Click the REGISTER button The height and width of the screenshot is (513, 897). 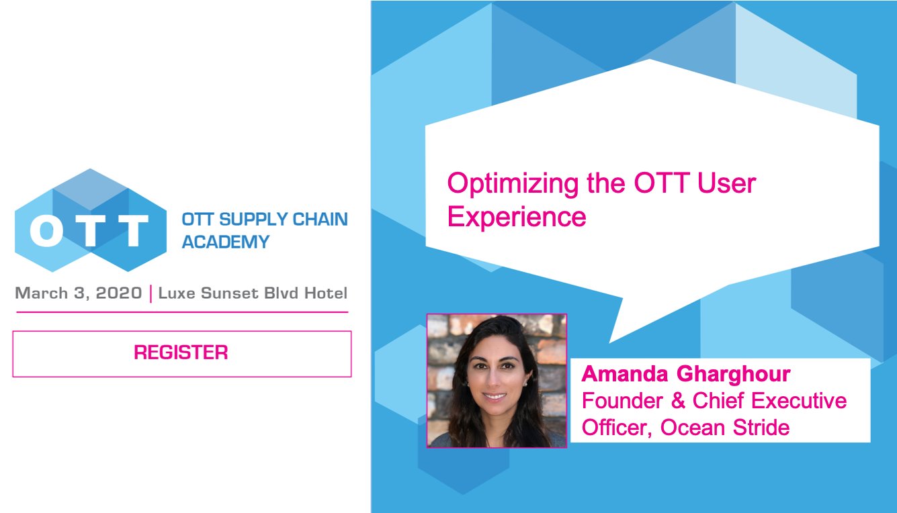181,353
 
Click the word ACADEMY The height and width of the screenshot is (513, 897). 225,242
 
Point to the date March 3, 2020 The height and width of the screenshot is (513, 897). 78,293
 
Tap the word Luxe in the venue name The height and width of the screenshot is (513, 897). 177,293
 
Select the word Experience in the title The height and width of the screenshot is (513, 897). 517,217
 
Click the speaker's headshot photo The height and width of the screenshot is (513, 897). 497,380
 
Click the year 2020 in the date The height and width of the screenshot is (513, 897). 120,293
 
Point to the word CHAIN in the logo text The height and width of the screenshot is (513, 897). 321,220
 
